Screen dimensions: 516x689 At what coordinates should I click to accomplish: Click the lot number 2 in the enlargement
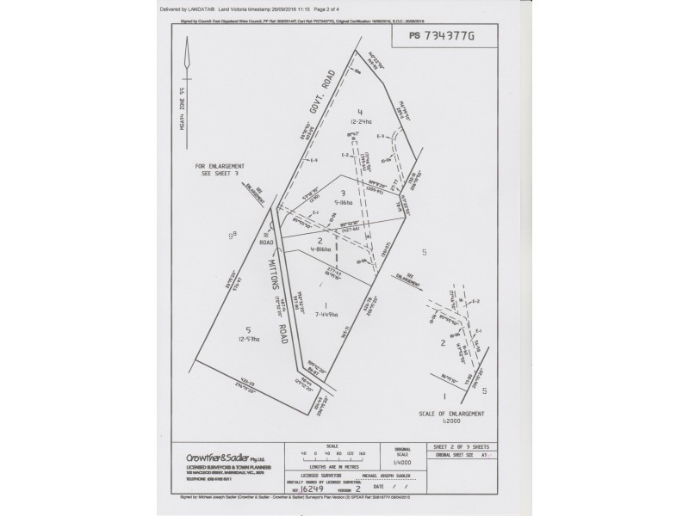pyautogui.click(x=443, y=342)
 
